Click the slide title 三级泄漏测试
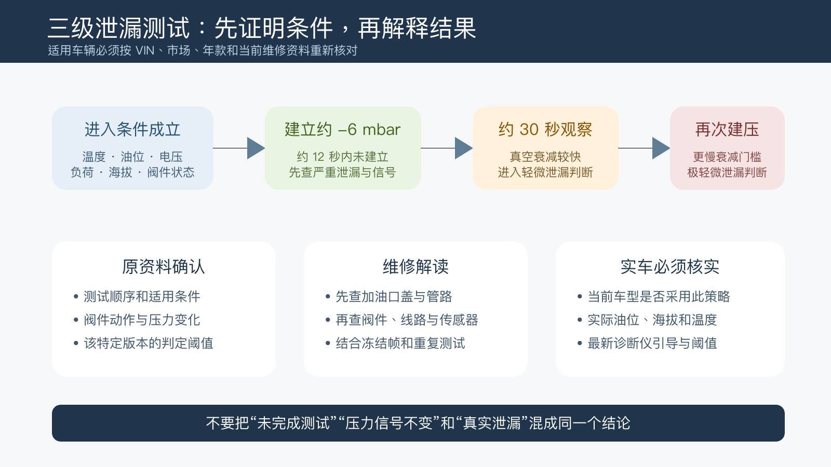(119, 28)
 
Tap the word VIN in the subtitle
(145, 50)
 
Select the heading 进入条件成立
(132, 129)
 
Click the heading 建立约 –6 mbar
(342, 129)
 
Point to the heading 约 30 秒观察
(545, 129)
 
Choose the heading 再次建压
(727, 129)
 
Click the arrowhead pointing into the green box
(256, 148)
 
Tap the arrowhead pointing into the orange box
(464, 148)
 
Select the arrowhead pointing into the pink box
(661, 148)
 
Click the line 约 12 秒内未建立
(342, 157)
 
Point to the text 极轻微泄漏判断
(727, 172)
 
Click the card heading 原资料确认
(164, 267)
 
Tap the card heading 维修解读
(415, 267)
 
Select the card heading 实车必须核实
(670, 267)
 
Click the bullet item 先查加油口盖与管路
(394, 296)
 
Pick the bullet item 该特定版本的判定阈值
(149, 343)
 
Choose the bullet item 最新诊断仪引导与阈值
(652, 343)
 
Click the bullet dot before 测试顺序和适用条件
(76, 296)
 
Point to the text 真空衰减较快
(545, 157)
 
